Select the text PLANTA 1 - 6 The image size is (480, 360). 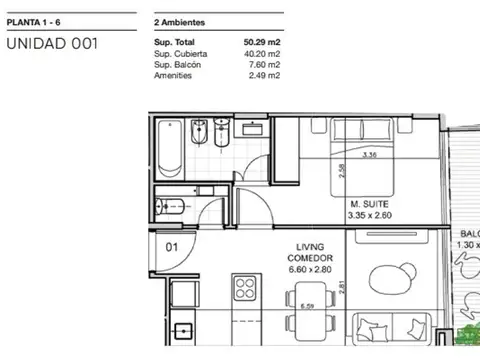tap(35, 19)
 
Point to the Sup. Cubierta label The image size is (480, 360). tap(182, 54)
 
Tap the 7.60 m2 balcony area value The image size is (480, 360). tap(265, 64)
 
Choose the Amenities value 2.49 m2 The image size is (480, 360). tap(265, 75)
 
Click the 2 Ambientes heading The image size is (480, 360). tap(180, 19)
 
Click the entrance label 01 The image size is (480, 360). tap(171, 243)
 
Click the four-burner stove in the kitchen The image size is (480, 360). tap(244, 289)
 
